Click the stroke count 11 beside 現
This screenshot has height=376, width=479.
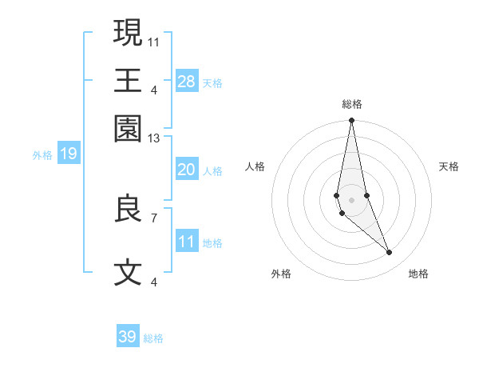tap(154, 41)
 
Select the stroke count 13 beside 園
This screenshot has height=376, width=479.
tap(154, 138)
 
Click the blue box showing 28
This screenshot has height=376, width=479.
tap(187, 82)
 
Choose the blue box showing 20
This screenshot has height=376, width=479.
tap(187, 170)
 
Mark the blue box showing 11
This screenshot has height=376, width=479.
tap(187, 242)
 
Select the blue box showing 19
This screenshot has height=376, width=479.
tap(68, 154)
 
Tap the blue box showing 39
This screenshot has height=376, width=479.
tap(128, 337)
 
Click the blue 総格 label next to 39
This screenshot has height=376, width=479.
tap(153, 338)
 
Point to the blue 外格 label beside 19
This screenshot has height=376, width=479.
tap(42, 154)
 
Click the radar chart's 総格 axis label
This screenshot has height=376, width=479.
tap(351, 104)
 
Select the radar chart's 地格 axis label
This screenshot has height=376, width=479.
tap(418, 274)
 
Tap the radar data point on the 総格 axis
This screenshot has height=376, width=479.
tap(351, 121)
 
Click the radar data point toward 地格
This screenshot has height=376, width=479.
tap(390, 253)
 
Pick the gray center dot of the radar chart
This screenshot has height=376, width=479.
tap(351, 200)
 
